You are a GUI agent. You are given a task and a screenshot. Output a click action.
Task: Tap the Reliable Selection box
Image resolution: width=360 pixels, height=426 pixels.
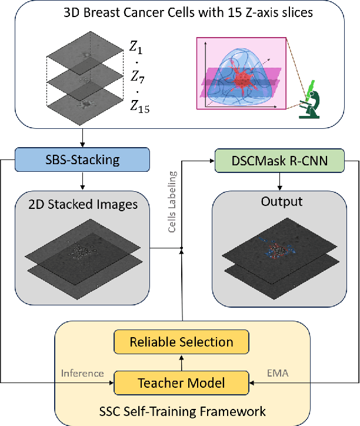pyautogui.click(x=181, y=342)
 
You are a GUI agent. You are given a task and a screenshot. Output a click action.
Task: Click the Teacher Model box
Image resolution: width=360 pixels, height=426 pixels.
pyautogui.click(x=181, y=383)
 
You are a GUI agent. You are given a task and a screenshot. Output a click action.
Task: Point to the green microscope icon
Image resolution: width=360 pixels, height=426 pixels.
pyautogui.click(x=312, y=99)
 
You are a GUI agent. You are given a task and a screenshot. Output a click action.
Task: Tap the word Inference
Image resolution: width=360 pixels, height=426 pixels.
pyautogui.click(x=82, y=372)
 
